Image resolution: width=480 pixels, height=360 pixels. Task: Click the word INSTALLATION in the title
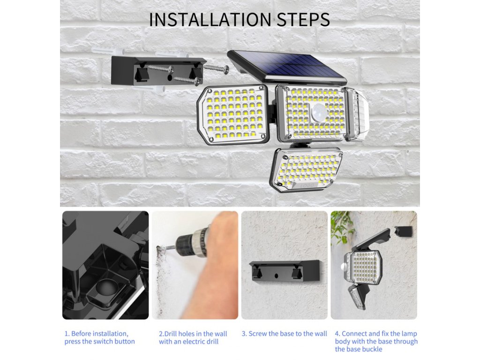(x=210, y=19)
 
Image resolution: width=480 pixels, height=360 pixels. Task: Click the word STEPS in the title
(x=303, y=19)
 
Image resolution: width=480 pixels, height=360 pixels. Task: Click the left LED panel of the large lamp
(x=232, y=114)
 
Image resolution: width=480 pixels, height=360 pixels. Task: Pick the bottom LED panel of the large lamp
(x=306, y=169)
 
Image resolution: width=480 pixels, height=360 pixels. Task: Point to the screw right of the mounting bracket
(x=217, y=68)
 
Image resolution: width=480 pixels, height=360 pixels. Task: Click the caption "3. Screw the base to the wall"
(x=285, y=333)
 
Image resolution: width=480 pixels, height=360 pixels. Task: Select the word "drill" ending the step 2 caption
(x=211, y=341)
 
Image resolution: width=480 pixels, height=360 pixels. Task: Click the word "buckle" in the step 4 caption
(x=372, y=349)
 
